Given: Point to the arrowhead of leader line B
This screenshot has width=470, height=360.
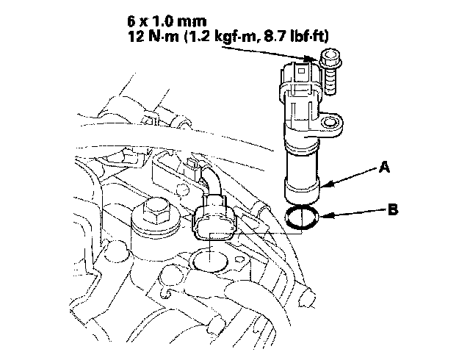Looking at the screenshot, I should coord(323,215).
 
